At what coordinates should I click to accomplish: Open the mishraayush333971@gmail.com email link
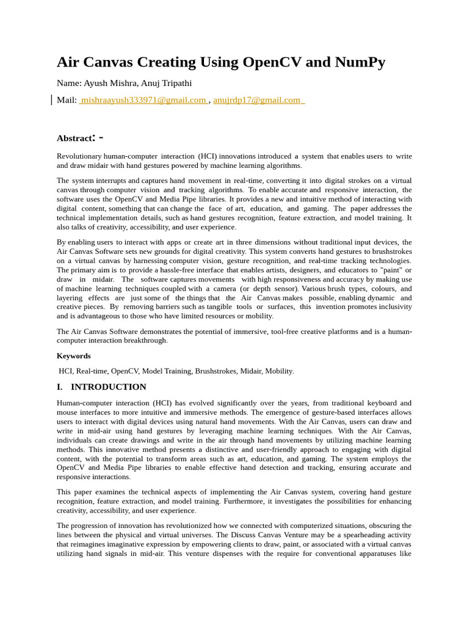tap(142, 100)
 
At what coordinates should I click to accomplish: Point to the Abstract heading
tap(76, 138)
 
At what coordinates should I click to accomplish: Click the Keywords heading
tap(73, 356)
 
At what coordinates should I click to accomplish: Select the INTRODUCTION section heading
tap(108, 387)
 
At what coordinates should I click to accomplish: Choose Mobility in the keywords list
tap(278, 371)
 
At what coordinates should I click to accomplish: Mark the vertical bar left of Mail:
tap(51, 100)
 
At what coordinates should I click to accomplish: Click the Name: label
tap(69, 83)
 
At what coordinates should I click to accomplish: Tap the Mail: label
tap(67, 100)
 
